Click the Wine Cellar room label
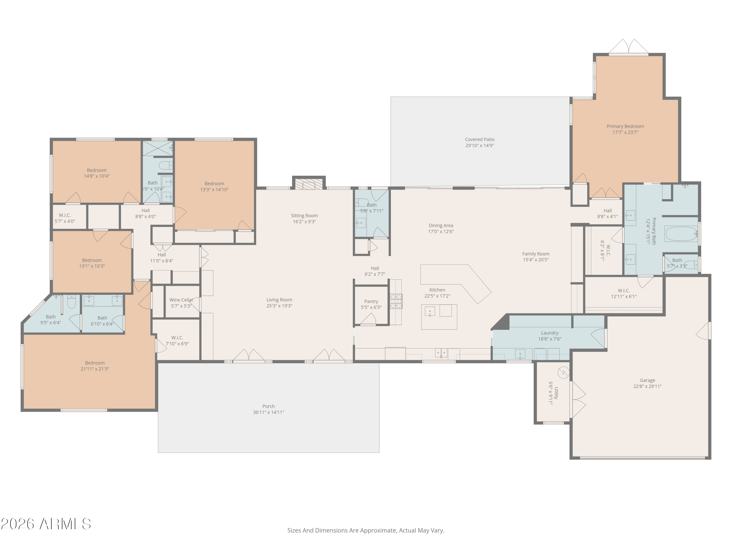(181, 300)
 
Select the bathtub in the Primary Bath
(681, 234)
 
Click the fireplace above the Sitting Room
(308, 184)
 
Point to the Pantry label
(371, 302)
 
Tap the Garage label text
(647, 380)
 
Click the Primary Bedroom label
(625, 126)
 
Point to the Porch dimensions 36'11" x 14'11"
(268, 412)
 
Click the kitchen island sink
(429, 311)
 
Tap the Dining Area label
(441, 226)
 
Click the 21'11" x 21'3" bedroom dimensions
(95, 369)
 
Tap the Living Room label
(279, 300)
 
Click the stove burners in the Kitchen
(396, 301)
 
